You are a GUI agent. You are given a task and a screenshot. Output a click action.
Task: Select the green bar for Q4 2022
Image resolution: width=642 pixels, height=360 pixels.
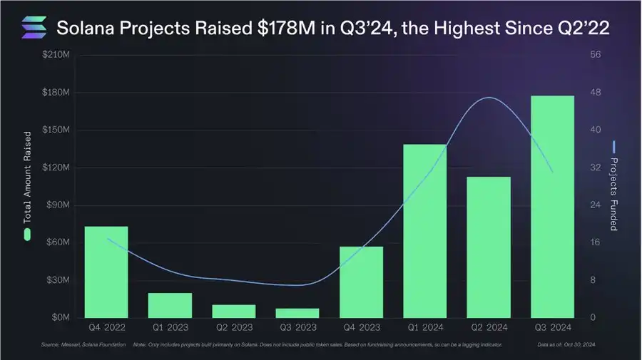coord(106,272)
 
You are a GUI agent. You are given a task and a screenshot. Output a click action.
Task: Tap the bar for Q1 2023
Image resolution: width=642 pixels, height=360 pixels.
coord(170,305)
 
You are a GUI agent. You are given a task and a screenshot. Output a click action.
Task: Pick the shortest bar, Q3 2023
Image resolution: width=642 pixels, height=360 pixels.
coord(297,313)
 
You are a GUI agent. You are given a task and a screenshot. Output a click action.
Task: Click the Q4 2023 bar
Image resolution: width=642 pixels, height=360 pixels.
coord(361,282)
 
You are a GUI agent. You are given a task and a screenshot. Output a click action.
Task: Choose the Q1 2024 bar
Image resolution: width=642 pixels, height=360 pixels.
coord(424,230)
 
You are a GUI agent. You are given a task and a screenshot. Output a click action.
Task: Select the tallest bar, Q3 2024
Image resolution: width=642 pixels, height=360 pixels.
coord(552,206)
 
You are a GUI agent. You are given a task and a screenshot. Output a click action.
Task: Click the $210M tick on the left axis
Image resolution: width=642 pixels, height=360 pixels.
coord(55,56)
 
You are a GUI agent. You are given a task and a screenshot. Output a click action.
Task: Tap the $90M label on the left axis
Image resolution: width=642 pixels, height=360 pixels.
coord(57,205)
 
